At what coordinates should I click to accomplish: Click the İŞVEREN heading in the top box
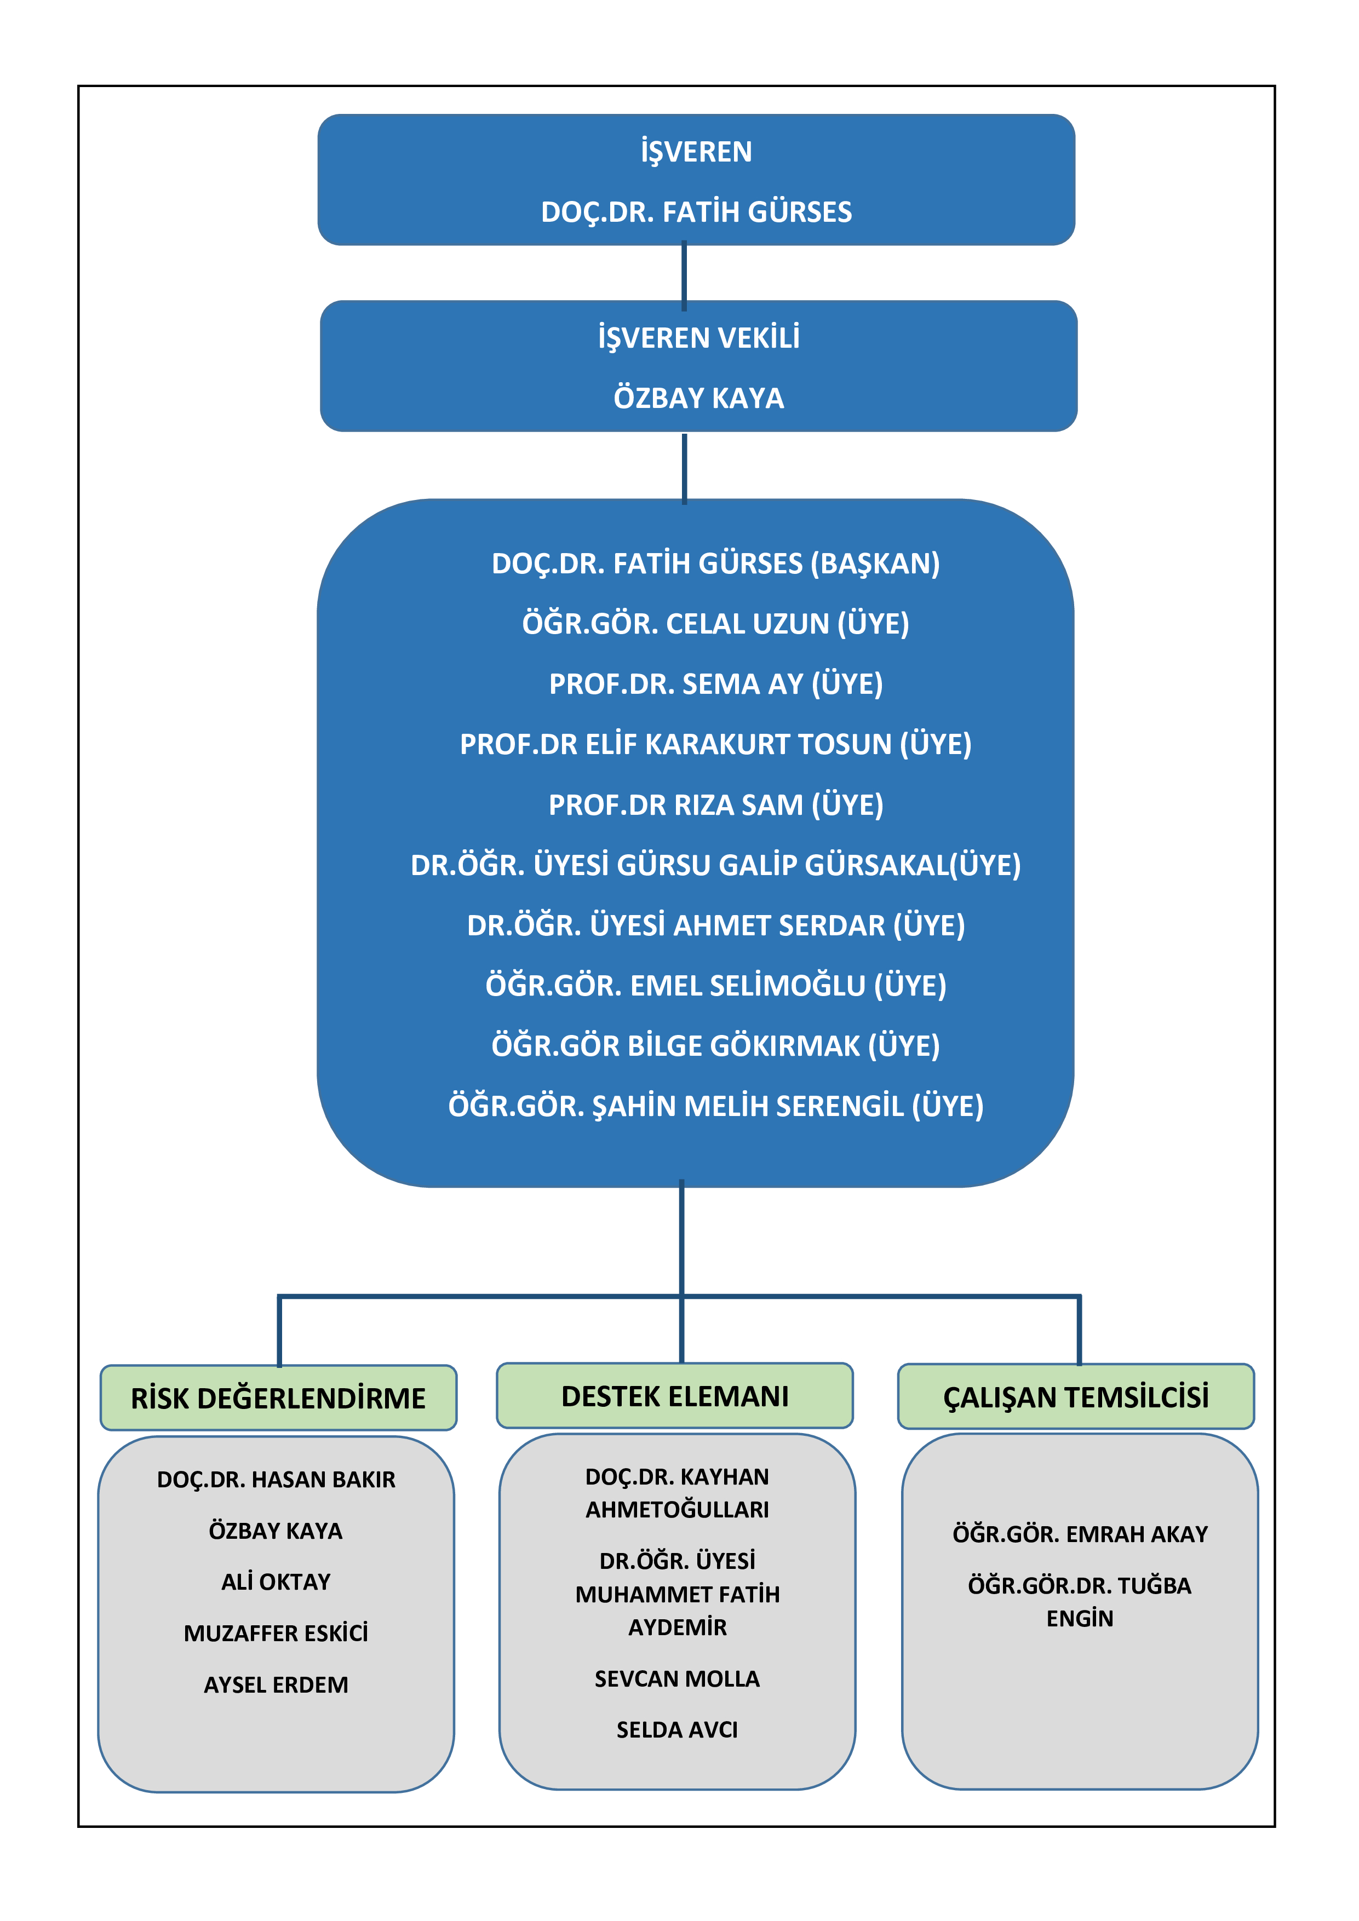coord(696,152)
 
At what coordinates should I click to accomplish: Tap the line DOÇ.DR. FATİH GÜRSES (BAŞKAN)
coord(715,564)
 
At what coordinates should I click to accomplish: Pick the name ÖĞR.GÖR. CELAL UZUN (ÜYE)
coord(715,624)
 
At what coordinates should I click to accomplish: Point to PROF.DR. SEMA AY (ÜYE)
coord(715,685)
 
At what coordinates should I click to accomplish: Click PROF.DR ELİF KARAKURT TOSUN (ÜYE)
coord(715,745)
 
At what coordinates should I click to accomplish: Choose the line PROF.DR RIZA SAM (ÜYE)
coord(715,805)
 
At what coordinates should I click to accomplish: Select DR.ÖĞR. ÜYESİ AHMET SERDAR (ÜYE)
coord(715,925)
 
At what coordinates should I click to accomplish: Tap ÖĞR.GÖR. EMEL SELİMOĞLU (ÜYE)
coord(715,986)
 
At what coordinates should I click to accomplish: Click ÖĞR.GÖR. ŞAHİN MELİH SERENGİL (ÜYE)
coord(715,1106)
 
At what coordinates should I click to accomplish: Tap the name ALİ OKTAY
coord(276,1582)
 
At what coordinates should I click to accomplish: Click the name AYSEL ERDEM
coord(276,1685)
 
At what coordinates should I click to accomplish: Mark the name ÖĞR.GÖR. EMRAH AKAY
coord(1080,1534)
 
